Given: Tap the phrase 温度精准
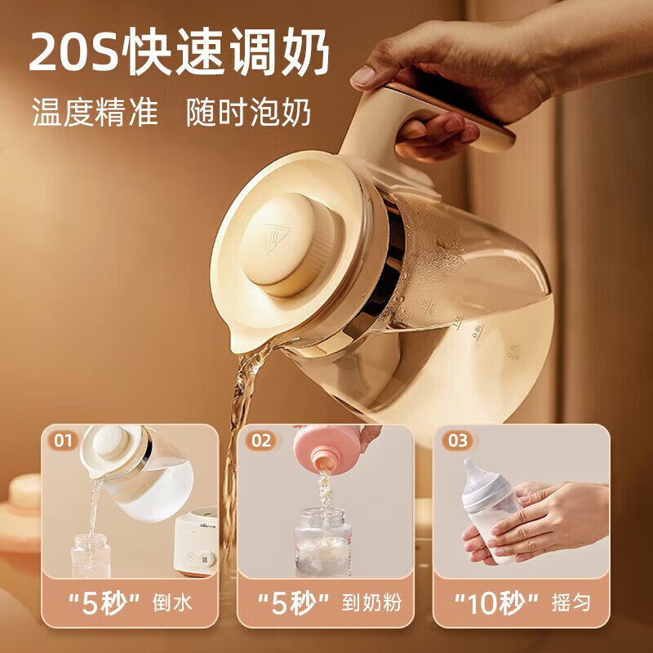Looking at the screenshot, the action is coord(95,113).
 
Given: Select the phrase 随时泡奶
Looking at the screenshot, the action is coord(249,113).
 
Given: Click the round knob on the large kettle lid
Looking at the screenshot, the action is coord(287,244).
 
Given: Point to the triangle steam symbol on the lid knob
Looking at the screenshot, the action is coord(277,238).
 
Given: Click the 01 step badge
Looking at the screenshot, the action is coord(64,441).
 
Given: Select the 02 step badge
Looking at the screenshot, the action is coord(261,441).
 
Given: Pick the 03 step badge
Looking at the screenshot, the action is coord(457,441).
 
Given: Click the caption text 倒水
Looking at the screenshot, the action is coord(172,602).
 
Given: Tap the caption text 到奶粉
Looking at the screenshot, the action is coord(371,602).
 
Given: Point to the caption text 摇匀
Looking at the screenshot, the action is coord(571,602).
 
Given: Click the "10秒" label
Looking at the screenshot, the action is coord(496,603).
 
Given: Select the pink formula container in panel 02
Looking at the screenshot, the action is coord(329,447).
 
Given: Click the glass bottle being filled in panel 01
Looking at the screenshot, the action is coord(91,556).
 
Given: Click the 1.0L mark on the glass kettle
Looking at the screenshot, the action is coord(458,322).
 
